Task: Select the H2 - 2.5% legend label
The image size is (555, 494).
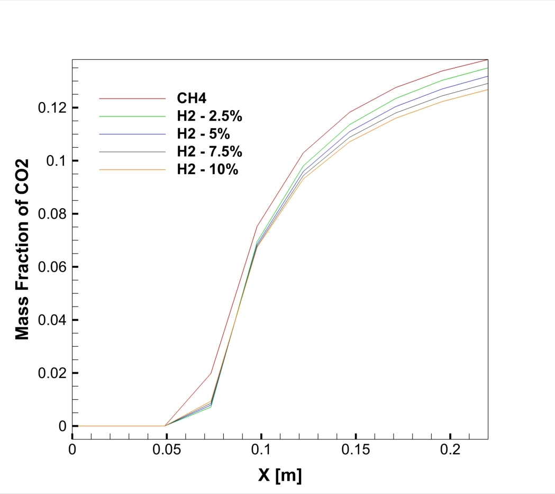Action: pyautogui.click(x=210, y=116)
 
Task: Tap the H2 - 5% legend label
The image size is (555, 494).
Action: pyautogui.click(x=204, y=134)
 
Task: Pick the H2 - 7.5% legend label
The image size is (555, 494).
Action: pyautogui.click(x=210, y=152)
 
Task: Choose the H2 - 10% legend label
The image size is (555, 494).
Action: pyautogui.click(x=207, y=170)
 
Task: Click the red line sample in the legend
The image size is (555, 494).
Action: pyautogui.click(x=133, y=98)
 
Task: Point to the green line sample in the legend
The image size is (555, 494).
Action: pyautogui.click(x=133, y=116)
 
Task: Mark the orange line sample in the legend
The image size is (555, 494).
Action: pyautogui.click(x=133, y=170)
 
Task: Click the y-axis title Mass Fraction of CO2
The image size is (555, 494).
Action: pyautogui.click(x=22, y=248)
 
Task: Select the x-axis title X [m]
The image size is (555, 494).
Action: pyautogui.click(x=280, y=475)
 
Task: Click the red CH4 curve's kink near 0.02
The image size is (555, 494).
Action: pyautogui.click(x=211, y=373)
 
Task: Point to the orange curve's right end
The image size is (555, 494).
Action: pyautogui.click(x=487, y=89)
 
